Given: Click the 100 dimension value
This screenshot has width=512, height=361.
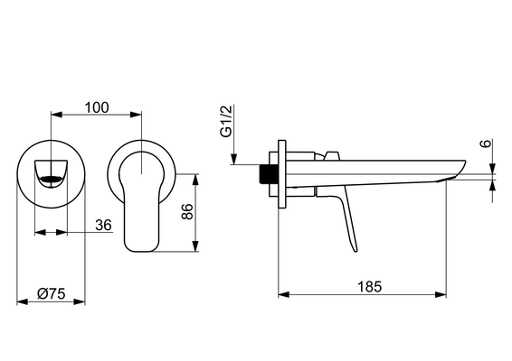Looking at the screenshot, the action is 97,107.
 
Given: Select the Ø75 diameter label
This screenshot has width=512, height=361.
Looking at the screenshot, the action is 52,293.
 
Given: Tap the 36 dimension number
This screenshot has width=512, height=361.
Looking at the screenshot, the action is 103,225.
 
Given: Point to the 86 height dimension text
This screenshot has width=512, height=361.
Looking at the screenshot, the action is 187,211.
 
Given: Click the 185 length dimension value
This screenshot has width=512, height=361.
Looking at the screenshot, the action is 369,287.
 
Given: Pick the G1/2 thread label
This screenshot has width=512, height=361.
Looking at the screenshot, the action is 226,121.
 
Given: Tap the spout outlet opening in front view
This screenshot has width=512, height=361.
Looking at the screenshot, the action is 51,179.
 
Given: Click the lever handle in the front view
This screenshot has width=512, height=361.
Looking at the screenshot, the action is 141,202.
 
